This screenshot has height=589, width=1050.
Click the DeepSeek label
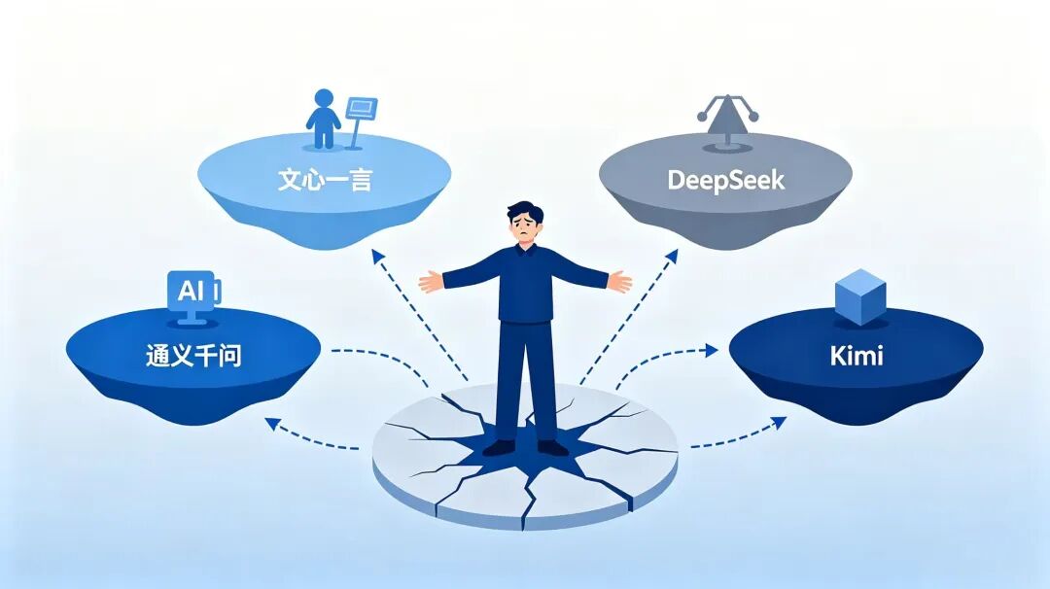(x=726, y=181)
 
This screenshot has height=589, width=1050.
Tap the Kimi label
(x=857, y=356)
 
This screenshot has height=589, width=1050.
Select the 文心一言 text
(x=325, y=180)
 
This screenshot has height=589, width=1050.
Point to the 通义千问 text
(x=193, y=355)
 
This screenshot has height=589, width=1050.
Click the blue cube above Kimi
(x=860, y=296)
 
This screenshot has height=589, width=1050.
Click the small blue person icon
(x=324, y=119)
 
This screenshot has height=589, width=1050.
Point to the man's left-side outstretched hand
(x=432, y=281)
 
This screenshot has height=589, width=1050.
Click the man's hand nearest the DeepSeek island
(x=620, y=281)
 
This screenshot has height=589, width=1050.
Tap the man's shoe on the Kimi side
(x=552, y=447)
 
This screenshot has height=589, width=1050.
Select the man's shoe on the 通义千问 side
(x=500, y=447)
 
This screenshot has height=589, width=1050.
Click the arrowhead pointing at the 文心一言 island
(x=377, y=257)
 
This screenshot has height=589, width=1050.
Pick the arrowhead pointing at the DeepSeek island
(x=671, y=257)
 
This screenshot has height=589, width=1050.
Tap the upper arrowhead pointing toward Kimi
(x=711, y=349)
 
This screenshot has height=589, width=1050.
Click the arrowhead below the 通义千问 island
(x=272, y=424)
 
